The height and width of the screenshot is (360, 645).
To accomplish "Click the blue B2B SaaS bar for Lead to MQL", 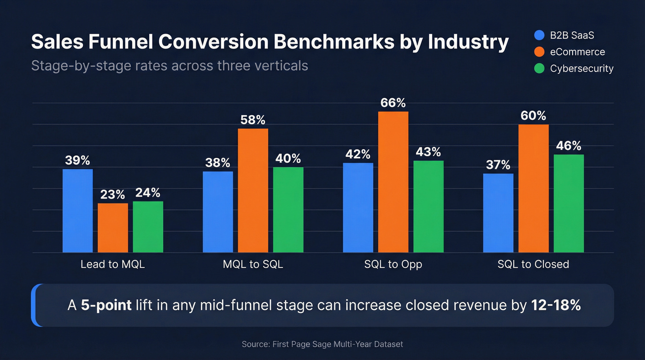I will point(77,211).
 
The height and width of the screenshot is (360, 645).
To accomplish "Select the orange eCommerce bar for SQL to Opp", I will point(393,182).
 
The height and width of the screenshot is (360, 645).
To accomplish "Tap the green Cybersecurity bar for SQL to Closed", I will point(569,203).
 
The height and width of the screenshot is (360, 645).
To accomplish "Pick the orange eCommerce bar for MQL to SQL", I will point(253,190).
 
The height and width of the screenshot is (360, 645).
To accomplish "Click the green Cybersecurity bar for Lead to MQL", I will point(148,227).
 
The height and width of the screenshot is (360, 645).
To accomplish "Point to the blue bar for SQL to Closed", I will point(498,213).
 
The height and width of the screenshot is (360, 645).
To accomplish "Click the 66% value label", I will point(393,103).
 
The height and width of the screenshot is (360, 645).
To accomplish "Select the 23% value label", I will point(113,195).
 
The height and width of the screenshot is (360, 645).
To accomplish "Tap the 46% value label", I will point(569,146).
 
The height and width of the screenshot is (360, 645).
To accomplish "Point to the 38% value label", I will point(218,163).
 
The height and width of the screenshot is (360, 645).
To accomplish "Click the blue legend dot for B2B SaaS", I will point(539,35).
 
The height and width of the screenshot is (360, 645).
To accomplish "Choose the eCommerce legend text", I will point(577,52).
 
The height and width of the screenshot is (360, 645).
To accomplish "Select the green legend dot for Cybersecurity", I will point(539,68).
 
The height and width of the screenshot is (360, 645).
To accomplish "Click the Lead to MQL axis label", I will point(112,265).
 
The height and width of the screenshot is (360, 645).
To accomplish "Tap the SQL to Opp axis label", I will point(393,265).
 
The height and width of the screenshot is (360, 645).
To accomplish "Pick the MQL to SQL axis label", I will point(253,265).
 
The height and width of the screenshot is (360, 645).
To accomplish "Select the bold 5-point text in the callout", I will point(106,305).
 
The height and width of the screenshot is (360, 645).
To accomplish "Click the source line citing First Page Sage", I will point(322,344).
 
